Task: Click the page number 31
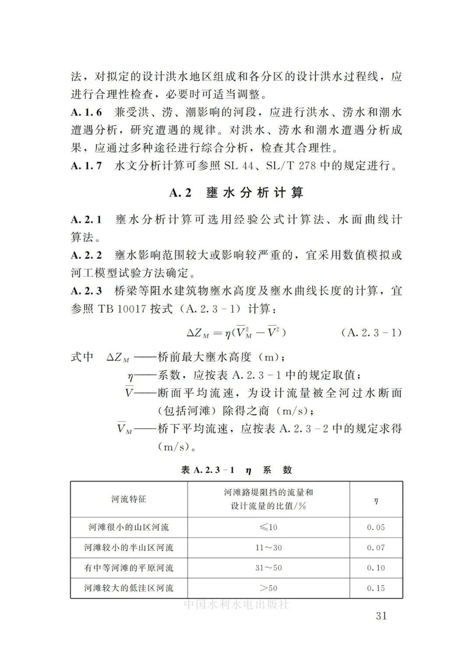(x=381, y=616)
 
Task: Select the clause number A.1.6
(x=86, y=113)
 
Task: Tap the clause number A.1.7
(x=86, y=166)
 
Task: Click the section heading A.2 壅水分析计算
(x=236, y=193)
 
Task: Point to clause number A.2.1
(x=86, y=219)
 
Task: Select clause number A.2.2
(x=86, y=255)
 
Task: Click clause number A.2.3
(x=86, y=291)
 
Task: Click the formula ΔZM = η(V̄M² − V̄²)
(x=236, y=333)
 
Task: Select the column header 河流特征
(x=129, y=499)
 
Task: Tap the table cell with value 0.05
(x=376, y=527)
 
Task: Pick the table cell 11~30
(x=268, y=548)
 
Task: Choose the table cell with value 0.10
(x=376, y=568)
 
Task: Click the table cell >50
(x=268, y=588)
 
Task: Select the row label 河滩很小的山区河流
(x=129, y=527)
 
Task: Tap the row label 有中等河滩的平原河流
(x=129, y=568)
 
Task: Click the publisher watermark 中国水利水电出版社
(x=236, y=604)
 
